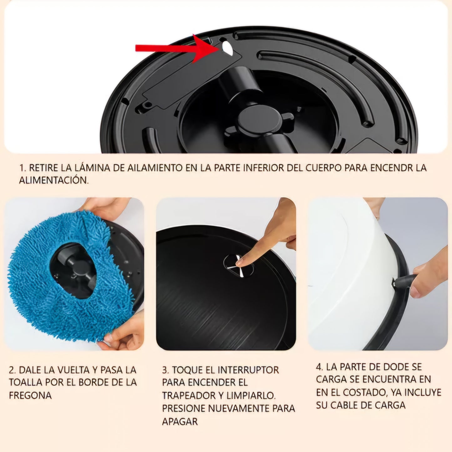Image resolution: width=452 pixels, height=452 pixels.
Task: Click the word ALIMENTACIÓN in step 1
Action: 54,180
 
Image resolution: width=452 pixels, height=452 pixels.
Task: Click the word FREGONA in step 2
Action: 30,395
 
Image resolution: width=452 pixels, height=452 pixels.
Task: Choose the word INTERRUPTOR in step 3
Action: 248,370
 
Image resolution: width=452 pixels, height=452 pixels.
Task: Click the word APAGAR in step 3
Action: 180,422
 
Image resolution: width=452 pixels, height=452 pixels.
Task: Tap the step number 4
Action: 319,367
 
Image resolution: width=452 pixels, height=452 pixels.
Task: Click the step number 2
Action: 13,370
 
